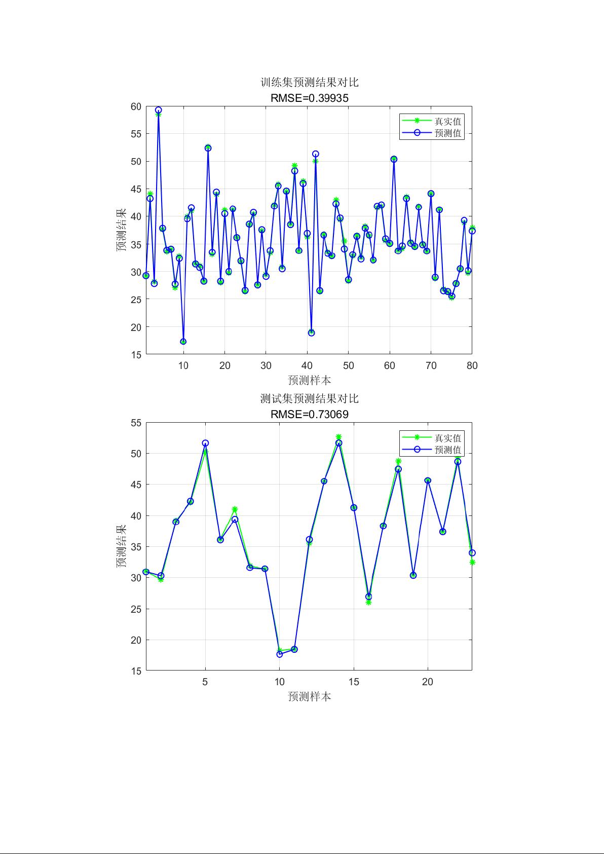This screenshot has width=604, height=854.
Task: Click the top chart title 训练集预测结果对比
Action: (309, 83)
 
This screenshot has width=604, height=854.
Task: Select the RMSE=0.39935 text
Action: (309, 98)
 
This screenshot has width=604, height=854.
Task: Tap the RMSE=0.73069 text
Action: (309, 415)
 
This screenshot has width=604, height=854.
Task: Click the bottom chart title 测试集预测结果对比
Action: (309, 399)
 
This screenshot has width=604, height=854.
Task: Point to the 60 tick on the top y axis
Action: (136, 106)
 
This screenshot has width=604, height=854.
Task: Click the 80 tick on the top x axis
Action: (472, 366)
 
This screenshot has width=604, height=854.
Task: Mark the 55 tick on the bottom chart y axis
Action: (136, 423)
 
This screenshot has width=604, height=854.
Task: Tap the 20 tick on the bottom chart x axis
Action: (428, 682)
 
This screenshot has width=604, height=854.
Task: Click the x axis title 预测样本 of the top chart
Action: (309, 380)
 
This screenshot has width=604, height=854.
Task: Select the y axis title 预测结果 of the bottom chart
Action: (122, 546)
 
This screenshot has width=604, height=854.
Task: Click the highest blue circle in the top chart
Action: (159, 110)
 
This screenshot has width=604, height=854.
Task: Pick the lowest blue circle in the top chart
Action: (183, 342)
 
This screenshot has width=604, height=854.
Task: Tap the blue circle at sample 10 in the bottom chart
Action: (280, 654)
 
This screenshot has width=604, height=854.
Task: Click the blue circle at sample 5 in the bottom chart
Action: (205, 443)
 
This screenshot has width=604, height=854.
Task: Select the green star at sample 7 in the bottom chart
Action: (235, 509)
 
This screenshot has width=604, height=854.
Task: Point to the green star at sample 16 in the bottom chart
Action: (368, 603)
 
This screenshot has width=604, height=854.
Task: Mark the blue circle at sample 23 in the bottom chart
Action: (472, 553)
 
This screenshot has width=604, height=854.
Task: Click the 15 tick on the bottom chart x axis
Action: (354, 682)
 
